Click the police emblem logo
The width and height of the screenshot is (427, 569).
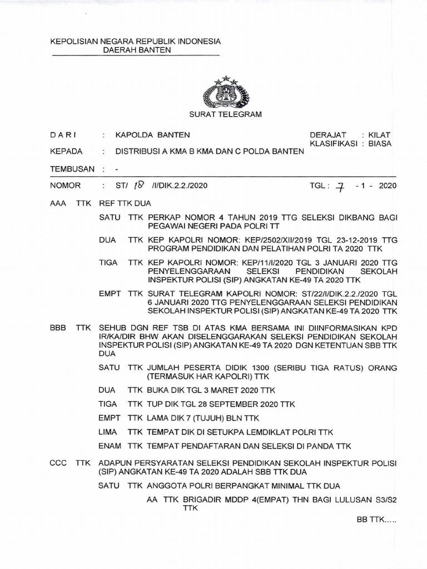coord(226,92)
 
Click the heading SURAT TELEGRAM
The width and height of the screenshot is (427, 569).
coord(226,114)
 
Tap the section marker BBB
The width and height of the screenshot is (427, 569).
coord(58,328)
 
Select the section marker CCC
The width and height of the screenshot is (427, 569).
coord(58,462)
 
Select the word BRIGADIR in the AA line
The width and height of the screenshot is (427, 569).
coord(195,500)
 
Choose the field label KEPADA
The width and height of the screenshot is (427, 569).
coord(66,151)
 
